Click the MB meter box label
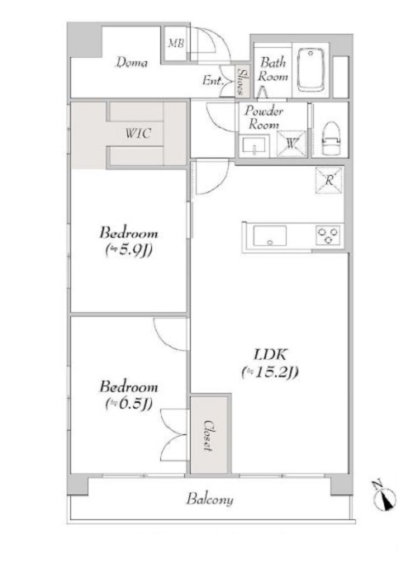click(176, 44)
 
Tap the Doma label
click(131, 63)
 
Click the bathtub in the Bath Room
click(311, 69)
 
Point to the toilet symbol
click(331, 139)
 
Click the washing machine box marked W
click(292, 144)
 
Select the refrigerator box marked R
click(329, 181)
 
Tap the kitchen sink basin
click(270, 236)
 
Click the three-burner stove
click(328, 235)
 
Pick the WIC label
click(138, 133)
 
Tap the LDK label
click(270, 354)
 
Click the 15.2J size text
click(270, 372)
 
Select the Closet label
click(208, 435)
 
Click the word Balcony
click(210, 499)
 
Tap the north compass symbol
click(385, 497)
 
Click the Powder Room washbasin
click(254, 146)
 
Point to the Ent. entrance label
click(212, 80)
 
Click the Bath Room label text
click(273, 69)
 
